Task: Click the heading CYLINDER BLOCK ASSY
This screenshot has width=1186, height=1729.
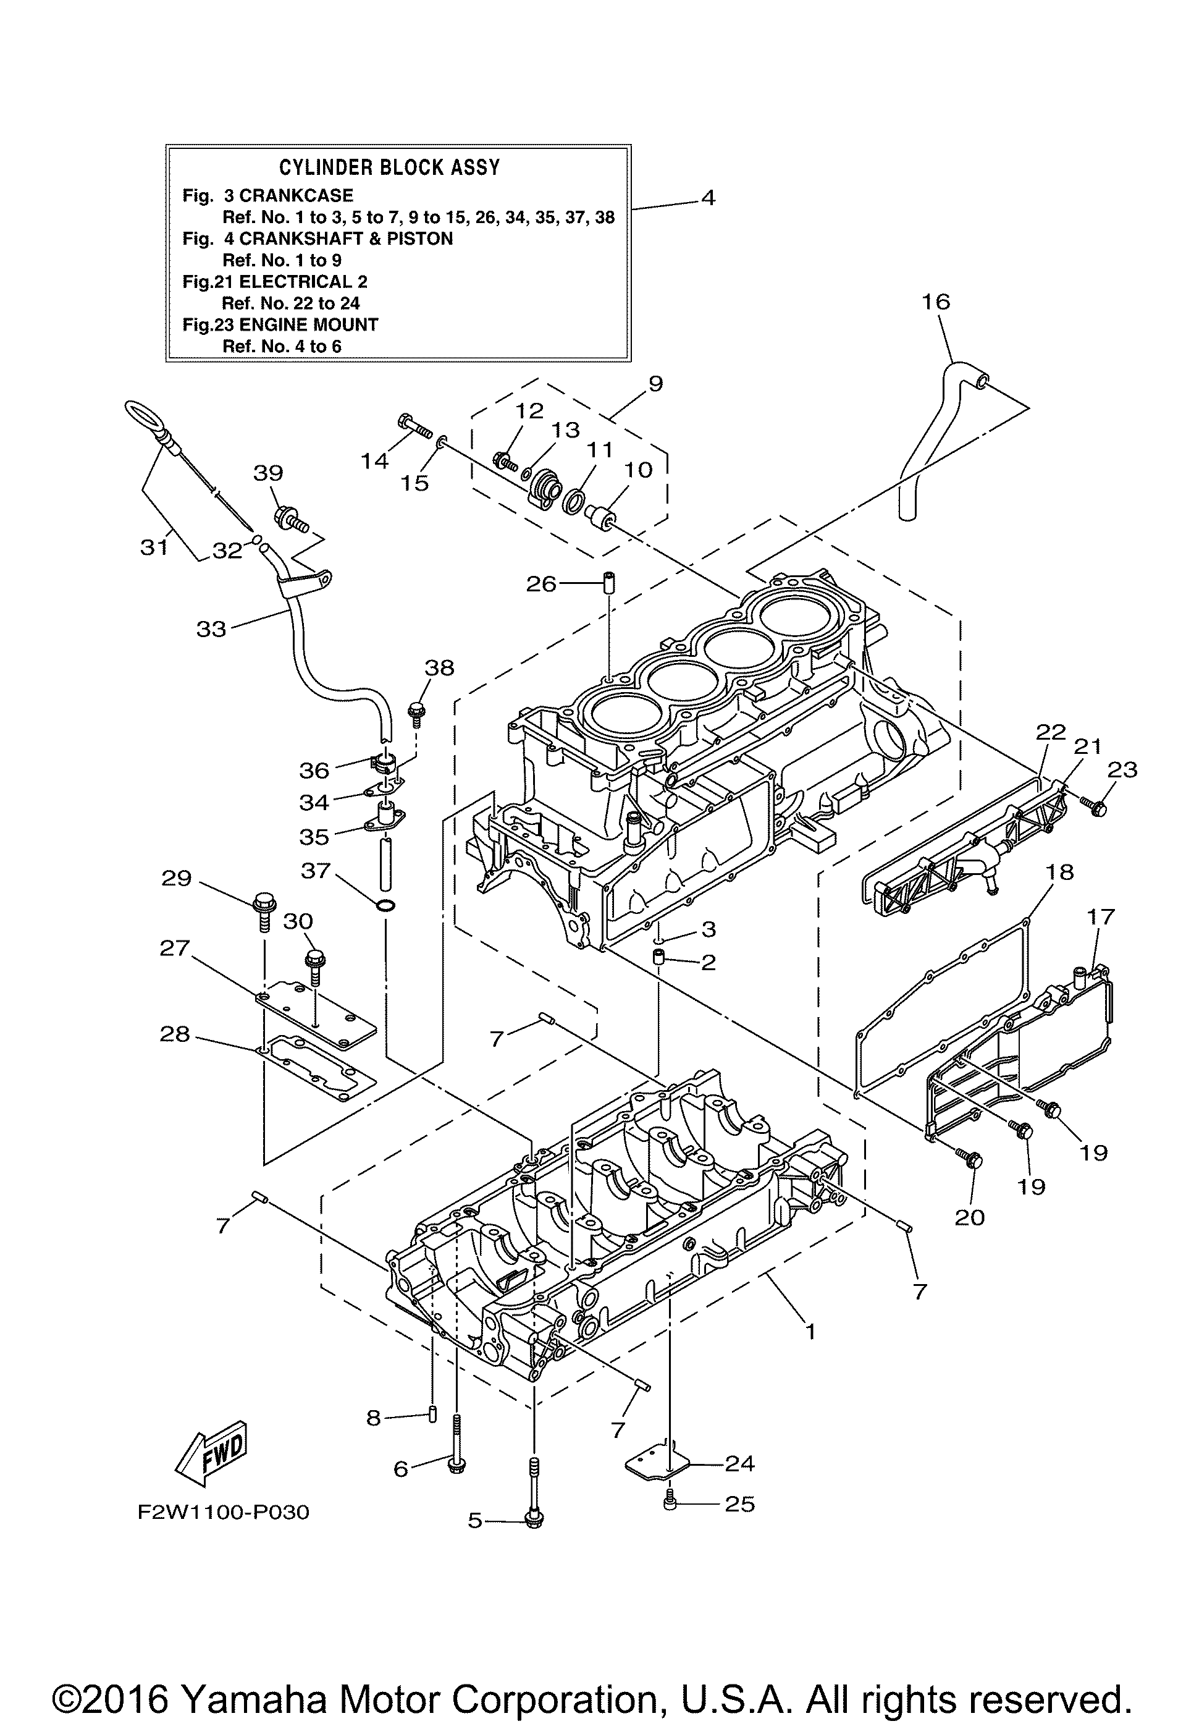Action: tap(389, 167)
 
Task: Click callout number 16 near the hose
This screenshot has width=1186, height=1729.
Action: tap(936, 302)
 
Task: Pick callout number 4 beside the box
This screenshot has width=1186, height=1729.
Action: tap(708, 198)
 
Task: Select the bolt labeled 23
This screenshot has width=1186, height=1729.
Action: tap(1095, 805)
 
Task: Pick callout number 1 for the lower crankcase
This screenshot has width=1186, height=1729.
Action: tap(810, 1331)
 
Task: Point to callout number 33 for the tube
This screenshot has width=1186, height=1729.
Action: tap(211, 630)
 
